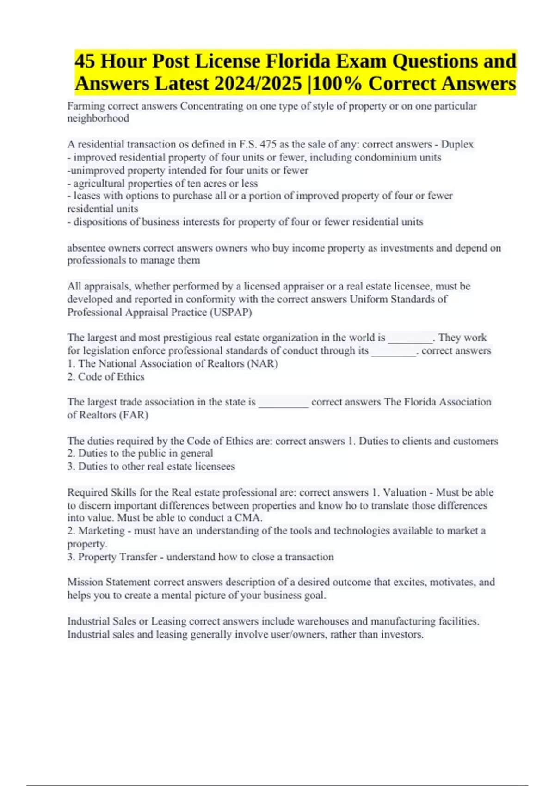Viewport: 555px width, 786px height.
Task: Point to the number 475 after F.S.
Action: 268,144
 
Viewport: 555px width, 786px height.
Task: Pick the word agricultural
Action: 99,183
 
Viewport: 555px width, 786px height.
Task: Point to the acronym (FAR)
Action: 134,415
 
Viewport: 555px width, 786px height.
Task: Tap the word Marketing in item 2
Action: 102,531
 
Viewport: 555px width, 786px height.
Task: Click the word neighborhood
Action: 98,118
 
